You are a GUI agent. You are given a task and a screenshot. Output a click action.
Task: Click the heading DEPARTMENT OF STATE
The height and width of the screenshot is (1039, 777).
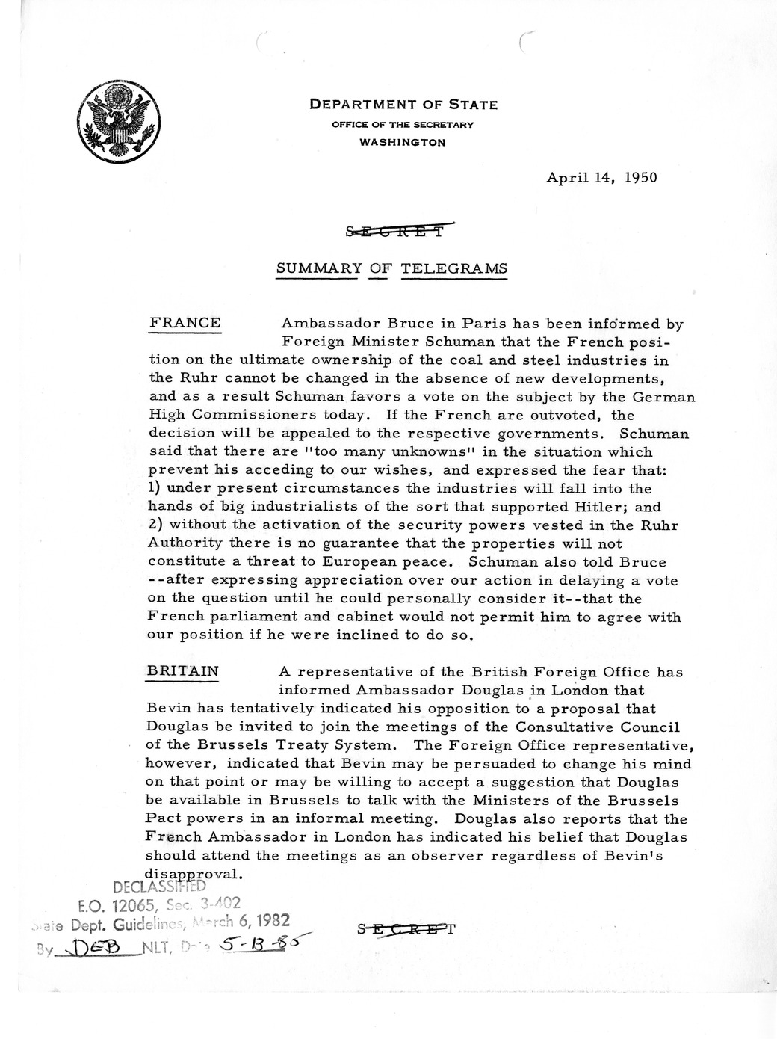coord(403,105)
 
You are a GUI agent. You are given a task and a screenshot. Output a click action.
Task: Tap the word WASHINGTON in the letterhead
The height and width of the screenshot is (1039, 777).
coord(403,142)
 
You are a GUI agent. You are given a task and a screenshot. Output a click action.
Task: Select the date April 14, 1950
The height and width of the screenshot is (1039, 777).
coord(602,178)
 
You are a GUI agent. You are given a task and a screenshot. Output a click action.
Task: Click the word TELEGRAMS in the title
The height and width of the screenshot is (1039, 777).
coord(454,269)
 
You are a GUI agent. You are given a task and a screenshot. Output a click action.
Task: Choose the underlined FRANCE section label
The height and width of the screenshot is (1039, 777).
coord(185,323)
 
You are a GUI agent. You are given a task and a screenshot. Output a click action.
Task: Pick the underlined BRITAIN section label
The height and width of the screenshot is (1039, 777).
coord(183,671)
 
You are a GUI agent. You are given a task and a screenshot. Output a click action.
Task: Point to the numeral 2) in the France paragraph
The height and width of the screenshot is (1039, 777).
coord(156,525)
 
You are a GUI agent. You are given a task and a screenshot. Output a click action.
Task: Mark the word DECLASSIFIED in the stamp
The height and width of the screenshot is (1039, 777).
coord(159,887)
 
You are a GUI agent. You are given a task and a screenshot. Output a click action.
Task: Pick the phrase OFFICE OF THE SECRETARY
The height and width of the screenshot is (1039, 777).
coord(403,125)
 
